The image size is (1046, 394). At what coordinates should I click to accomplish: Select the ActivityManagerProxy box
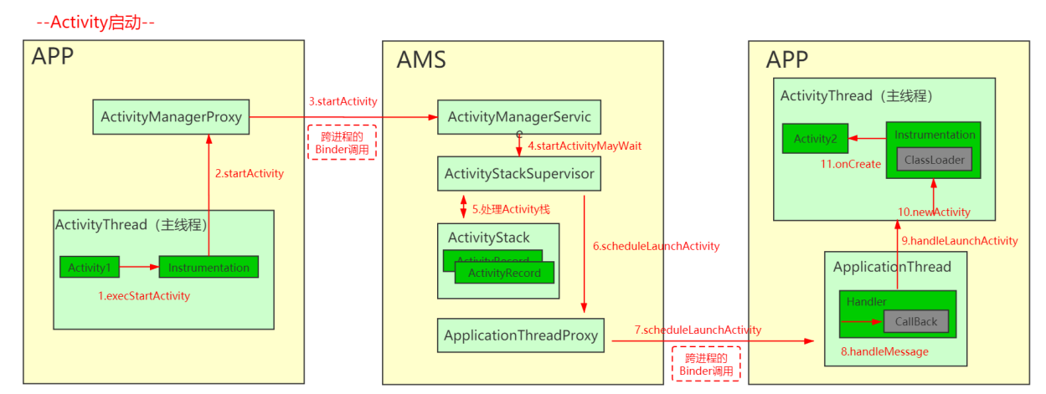coord(171,117)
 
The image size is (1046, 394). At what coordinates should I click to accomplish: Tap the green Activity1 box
coord(89,268)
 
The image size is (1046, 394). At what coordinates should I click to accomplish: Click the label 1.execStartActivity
coord(144,295)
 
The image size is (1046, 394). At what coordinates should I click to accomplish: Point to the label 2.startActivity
coord(249,173)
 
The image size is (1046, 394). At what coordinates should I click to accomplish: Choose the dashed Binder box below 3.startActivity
coord(343,142)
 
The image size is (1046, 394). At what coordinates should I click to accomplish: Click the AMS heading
coord(421,59)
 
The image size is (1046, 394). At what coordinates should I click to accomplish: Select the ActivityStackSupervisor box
coord(519,174)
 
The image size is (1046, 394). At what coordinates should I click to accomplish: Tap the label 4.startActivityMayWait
coord(584,146)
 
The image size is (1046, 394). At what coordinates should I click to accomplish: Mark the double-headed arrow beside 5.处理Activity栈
coord(463,205)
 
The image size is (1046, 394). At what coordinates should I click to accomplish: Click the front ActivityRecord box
coord(504,273)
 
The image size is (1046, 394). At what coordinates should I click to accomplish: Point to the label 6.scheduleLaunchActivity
coord(656,246)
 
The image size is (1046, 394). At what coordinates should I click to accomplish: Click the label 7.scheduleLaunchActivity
coord(698,330)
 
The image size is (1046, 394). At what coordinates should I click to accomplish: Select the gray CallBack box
coord(915,321)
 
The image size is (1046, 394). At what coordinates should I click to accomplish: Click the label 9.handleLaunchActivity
coord(959,240)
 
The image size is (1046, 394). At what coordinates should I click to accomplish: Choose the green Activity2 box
coord(815,139)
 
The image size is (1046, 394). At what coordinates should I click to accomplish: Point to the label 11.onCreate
coord(850,164)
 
